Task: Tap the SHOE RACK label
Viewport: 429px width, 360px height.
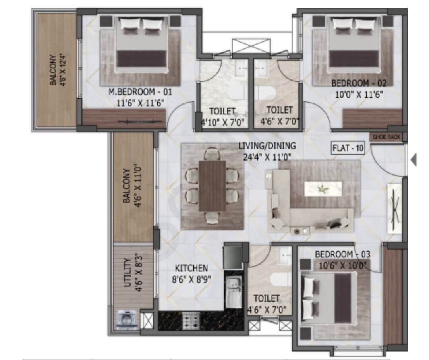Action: pos(386,137)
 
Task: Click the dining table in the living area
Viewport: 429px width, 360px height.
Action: pos(212,186)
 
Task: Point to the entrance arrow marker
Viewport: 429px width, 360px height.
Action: pos(414,160)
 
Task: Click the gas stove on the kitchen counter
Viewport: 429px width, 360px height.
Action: pos(191,320)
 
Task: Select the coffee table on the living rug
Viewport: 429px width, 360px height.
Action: pos(323,188)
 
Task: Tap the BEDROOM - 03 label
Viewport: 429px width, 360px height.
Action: pos(339,254)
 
